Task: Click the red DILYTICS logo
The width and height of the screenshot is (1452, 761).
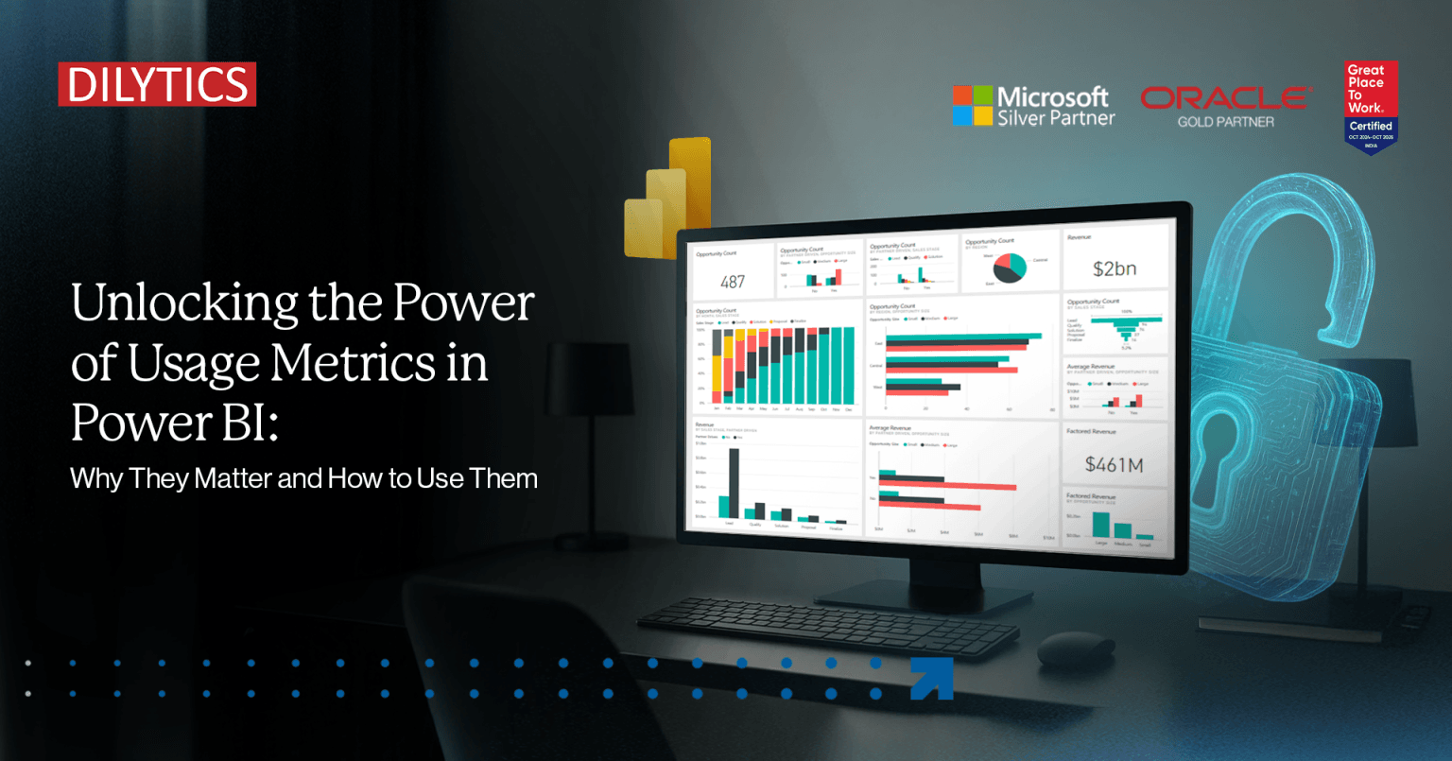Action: pyautogui.click(x=157, y=85)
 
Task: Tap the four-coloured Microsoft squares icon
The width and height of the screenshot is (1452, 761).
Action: pyautogui.click(x=973, y=106)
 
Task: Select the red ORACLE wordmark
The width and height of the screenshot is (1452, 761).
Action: pyautogui.click(x=1225, y=97)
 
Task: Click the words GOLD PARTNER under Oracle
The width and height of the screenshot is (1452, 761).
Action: pyautogui.click(x=1225, y=122)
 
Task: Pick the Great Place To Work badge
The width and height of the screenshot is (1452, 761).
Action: pyautogui.click(x=1371, y=106)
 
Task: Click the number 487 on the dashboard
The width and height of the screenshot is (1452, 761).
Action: pyautogui.click(x=733, y=282)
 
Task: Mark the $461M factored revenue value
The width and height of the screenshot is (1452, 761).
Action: pyautogui.click(x=1114, y=464)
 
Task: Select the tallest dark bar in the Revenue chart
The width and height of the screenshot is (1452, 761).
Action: pyautogui.click(x=735, y=482)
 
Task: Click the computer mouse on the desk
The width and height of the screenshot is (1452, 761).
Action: pyautogui.click(x=1076, y=649)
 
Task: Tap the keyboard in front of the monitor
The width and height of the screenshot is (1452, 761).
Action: pyautogui.click(x=827, y=625)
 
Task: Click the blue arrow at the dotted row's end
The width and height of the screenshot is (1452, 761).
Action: pyautogui.click(x=930, y=678)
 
